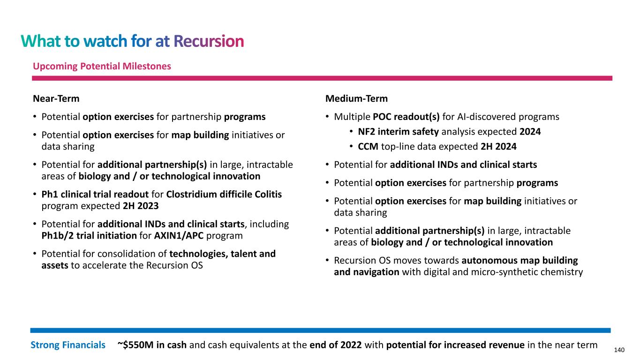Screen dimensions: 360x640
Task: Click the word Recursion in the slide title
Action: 209,42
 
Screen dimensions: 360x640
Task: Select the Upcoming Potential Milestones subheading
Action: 102,67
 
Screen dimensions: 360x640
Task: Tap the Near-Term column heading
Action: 56,99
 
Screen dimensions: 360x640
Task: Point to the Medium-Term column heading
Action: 356,99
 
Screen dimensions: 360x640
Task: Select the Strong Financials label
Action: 68,345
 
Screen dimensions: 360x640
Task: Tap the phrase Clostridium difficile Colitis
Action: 224,194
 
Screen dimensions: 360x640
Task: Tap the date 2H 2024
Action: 499,147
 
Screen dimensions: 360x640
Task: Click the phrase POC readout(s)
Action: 406,117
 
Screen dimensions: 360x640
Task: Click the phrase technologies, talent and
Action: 222,254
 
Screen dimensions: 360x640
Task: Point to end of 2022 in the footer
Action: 336,345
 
